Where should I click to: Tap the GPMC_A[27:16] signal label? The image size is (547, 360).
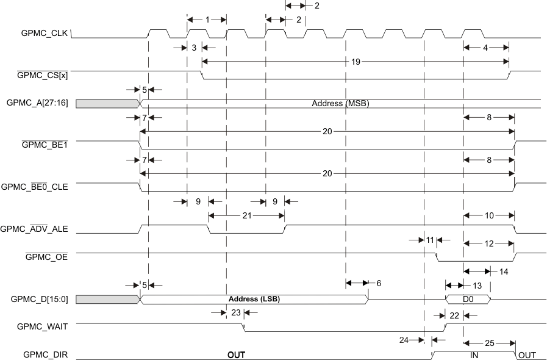point(37,104)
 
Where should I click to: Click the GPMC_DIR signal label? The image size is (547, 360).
point(46,355)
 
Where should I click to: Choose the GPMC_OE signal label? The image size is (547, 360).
point(46,257)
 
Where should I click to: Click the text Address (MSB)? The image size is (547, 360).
point(340,104)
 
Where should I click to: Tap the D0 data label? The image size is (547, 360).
point(467,300)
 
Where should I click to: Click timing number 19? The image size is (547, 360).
point(356,61)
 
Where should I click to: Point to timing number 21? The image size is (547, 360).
point(246,215)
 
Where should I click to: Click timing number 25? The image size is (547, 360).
point(490,343)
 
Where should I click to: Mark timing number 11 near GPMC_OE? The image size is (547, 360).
point(430,240)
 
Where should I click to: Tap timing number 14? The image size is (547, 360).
point(503,270)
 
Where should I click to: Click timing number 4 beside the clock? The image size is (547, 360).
point(485,47)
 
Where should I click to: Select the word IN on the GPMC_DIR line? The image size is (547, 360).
point(474,355)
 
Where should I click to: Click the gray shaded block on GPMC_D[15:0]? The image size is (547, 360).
point(107,299)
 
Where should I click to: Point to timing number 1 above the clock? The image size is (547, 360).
point(207,20)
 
